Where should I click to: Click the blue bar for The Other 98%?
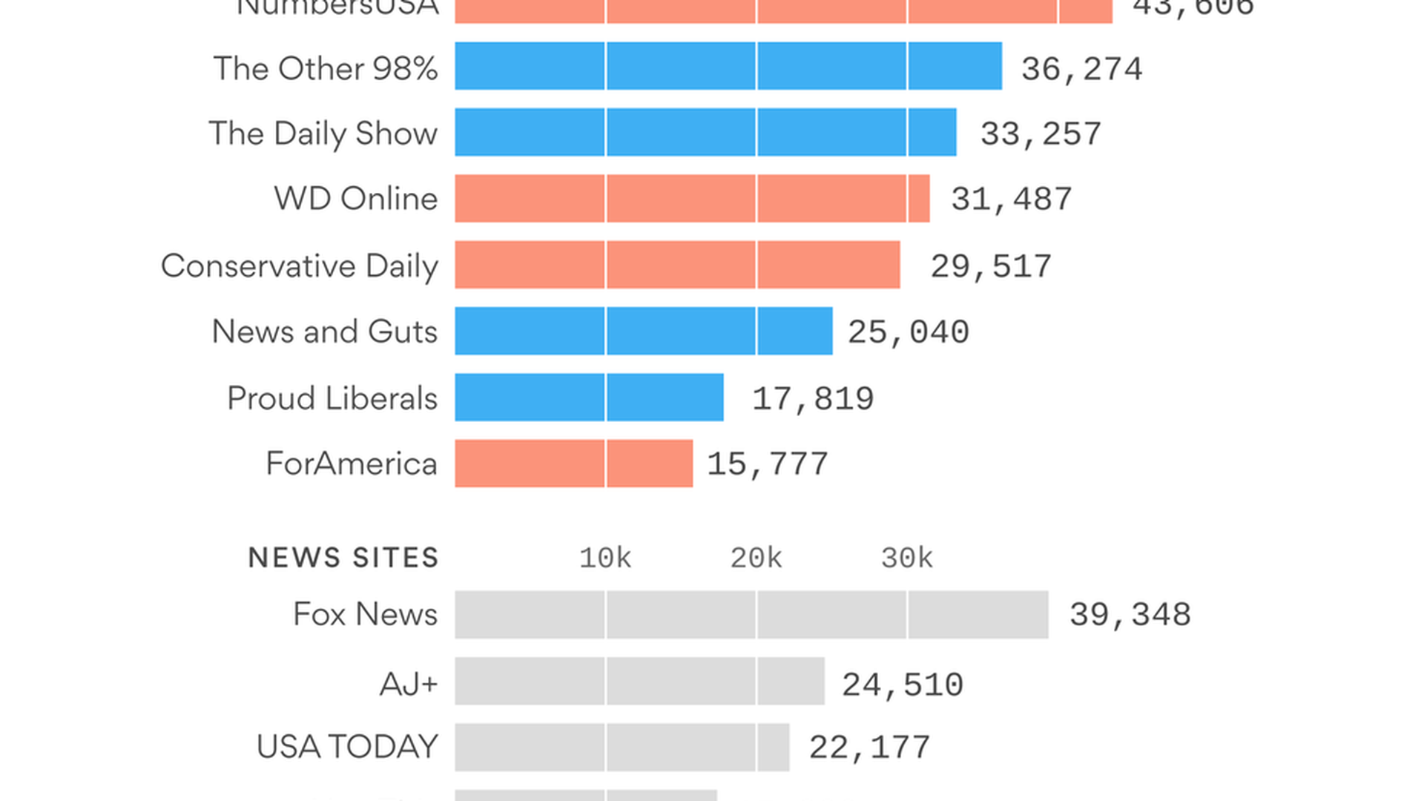click(728, 66)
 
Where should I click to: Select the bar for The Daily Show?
click(705, 132)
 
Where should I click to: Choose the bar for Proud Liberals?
click(589, 397)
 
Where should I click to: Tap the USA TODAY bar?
click(622, 747)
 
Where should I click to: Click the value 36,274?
click(1081, 69)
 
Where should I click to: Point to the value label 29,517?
click(991, 266)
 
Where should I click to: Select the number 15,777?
click(767, 464)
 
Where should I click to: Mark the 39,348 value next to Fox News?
click(1130, 615)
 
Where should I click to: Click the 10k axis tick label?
click(605, 558)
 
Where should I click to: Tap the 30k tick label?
click(906, 558)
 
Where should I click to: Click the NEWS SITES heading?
click(343, 558)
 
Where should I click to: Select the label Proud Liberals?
click(332, 398)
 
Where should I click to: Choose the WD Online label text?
click(356, 199)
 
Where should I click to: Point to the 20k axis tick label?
click(756, 558)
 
